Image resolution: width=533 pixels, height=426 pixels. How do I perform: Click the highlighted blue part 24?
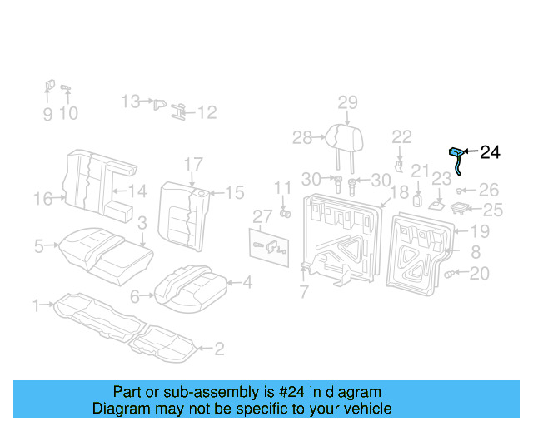click(456, 153)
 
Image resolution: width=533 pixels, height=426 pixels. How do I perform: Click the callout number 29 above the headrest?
click(347, 102)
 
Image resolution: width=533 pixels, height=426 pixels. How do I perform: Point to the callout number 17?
click(193, 163)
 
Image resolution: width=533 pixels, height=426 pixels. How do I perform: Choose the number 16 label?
click(42, 198)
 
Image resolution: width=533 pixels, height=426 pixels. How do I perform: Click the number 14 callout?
click(137, 191)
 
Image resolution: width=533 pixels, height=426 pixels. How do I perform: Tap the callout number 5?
click(39, 245)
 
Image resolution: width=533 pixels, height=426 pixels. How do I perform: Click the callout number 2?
click(219, 349)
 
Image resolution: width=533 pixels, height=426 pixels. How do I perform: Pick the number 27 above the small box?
click(262, 216)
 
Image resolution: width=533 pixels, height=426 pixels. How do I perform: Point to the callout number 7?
click(304, 292)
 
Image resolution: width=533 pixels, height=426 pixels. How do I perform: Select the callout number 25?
click(493, 210)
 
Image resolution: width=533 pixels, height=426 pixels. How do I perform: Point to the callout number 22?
click(401, 136)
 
